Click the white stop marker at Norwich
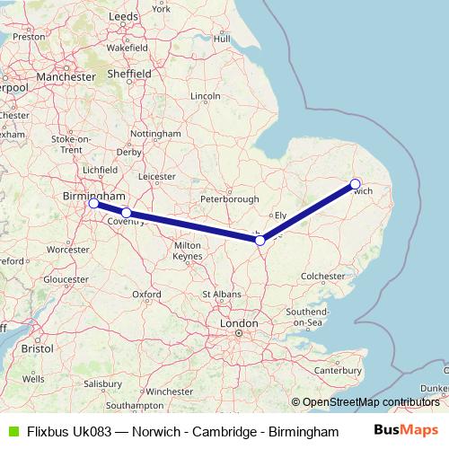pos(356,183)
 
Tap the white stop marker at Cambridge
pos(260,240)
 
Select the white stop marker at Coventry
pos(127,213)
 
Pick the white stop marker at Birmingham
pos(93,204)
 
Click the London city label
pos(239,322)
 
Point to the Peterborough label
pos(230,198)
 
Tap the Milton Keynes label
pos(188,251)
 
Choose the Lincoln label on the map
pos(206,96)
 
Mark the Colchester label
pos(323,277)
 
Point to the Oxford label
pos(146,294)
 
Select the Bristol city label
pos(38,347)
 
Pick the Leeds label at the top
pos(121,17)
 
